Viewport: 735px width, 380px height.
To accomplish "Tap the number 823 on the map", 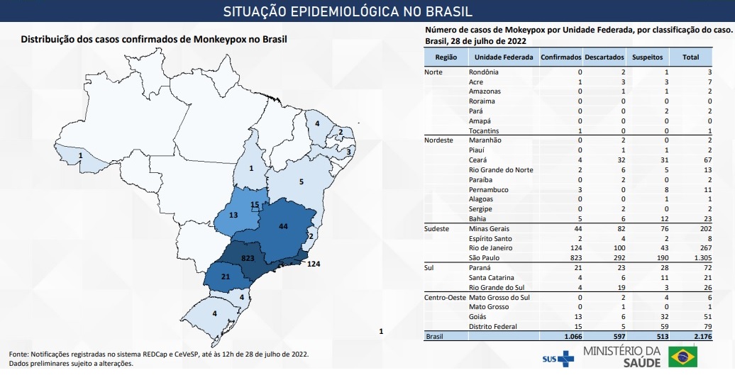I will tap(247, 259).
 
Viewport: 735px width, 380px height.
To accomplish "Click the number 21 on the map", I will tap(225, 276).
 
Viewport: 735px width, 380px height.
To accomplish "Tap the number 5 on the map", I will tap(302, 181).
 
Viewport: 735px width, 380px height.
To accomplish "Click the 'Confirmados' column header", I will tap(561, 57).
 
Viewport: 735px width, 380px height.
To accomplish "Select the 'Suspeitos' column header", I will tap(648, 57).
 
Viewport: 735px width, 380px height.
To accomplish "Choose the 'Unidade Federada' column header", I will tap(504, 57).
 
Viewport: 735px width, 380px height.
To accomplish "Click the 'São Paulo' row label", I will tap(485, 259).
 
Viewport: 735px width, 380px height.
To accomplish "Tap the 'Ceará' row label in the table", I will tap(478, 160).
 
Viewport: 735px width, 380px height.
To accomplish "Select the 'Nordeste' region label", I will tap(438, 140).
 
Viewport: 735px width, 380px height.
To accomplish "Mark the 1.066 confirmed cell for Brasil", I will tap(569, 337).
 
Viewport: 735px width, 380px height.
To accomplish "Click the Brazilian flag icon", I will tap(682, 357).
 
